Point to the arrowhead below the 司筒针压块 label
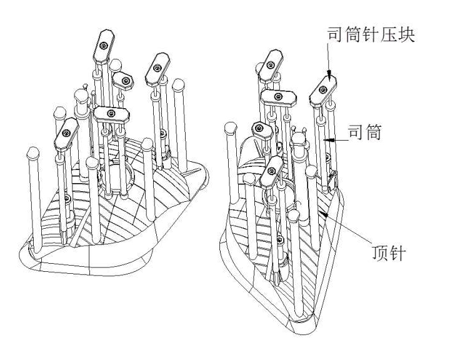pyautogui.click(x=329, y=76)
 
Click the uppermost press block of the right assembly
pyautogui.click(x=272, y=60)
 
